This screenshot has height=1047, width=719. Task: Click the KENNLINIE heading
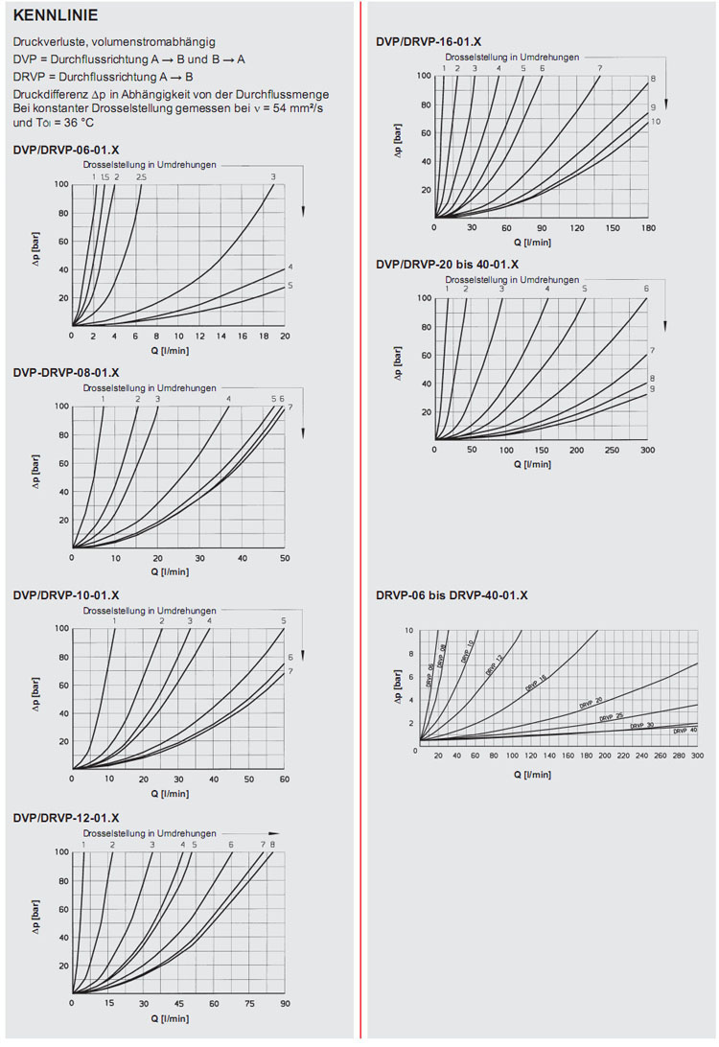[x=56, y=16]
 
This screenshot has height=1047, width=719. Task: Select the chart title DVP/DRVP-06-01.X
[x=66, y=150]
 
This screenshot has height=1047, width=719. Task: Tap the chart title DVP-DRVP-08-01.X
[x=66, y=372]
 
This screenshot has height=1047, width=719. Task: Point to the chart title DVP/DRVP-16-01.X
[x=429, y=41]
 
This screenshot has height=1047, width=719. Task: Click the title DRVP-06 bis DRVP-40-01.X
[x=452, y=595]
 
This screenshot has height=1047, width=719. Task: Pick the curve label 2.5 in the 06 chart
[x=141, y=176]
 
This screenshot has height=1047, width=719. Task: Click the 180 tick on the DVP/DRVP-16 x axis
[x=648, y=228]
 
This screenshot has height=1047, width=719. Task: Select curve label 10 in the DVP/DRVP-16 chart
[x=656, y=122]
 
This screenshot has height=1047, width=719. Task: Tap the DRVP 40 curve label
[x=684, y=731]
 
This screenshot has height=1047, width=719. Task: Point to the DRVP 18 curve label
[x=535, y=684]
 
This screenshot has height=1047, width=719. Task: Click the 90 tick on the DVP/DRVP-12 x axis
[x=285, y=1003]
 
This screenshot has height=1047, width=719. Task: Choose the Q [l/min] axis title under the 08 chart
[x=170, y=571]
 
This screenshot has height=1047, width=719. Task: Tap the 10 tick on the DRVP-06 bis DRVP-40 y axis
[x=409, y=631]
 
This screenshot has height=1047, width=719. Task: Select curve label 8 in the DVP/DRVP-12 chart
[x=272, y=844]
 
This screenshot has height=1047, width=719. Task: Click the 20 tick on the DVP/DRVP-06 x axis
[x=285, y=336]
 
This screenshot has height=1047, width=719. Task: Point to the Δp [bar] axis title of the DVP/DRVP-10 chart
[x=35, y=699]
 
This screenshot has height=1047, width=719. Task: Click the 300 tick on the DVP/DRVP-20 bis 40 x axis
[x=647, y=450]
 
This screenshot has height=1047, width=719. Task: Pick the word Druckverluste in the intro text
[x=47, y=42]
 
